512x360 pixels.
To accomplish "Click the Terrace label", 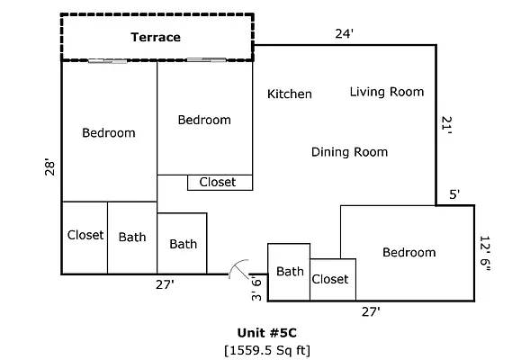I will click(156, 37).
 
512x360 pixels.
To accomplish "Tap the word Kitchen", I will click(290, 94).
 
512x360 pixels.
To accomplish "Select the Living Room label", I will click(386, 91).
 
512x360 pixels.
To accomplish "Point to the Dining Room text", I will click(349, 151).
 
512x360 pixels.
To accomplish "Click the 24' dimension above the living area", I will click(344, 34).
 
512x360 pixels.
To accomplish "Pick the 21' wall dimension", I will click(447, 126).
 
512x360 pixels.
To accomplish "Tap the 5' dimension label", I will click(454, 194).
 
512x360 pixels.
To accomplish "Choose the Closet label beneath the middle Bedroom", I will click(217, 182).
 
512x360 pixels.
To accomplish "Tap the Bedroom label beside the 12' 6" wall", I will click(409, 252).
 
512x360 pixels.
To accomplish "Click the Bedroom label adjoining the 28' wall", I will click(108, 132).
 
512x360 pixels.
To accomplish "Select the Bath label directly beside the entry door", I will click(290, 271).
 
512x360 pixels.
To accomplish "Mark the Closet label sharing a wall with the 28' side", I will click(85, 235).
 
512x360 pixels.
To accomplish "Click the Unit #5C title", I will click(267, 330).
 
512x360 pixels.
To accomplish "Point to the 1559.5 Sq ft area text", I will click(267, 348).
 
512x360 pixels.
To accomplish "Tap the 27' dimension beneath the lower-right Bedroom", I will click(370, 311).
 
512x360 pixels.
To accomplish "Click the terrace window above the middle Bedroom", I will click(205, 60).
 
